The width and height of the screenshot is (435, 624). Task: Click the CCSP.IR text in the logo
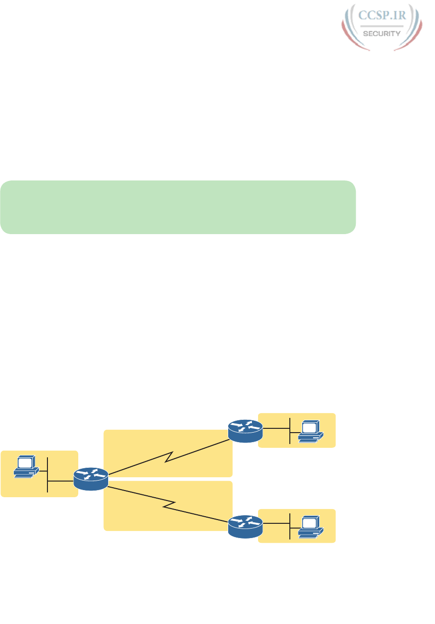click(382, 16)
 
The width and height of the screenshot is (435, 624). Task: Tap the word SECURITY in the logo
click(382, 33)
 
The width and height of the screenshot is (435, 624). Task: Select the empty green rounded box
click(178, 207)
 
